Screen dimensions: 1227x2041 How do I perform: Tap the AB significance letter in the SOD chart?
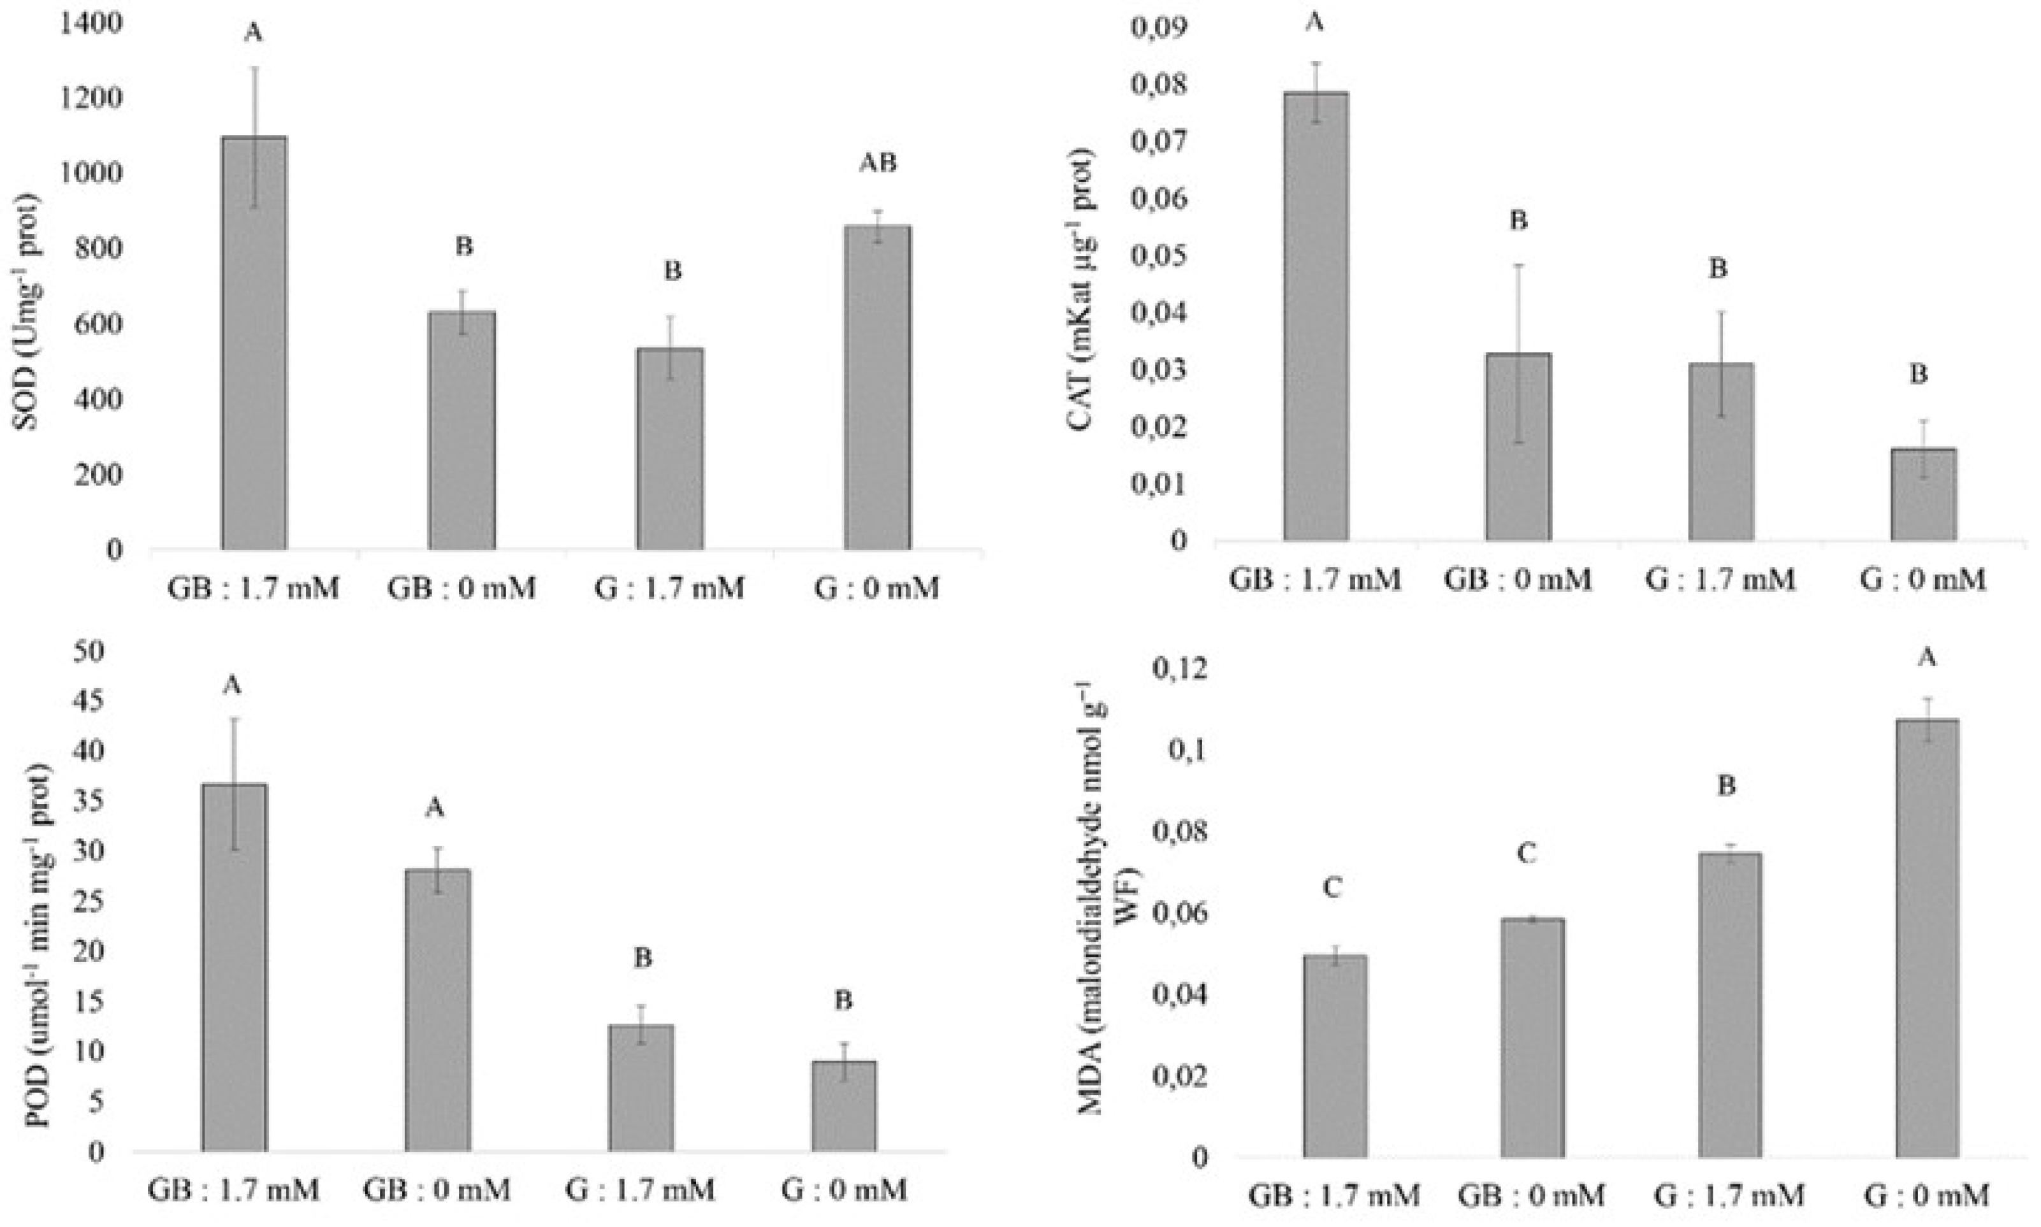coord(878,163)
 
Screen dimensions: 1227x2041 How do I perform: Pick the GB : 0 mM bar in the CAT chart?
coord(1518,447)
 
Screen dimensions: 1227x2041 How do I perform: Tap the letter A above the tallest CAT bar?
coord(1314,22)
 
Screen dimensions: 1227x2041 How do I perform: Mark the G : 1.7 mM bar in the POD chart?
coord(641,1087)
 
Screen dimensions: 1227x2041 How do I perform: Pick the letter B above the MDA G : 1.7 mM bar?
coord(1727,786)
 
